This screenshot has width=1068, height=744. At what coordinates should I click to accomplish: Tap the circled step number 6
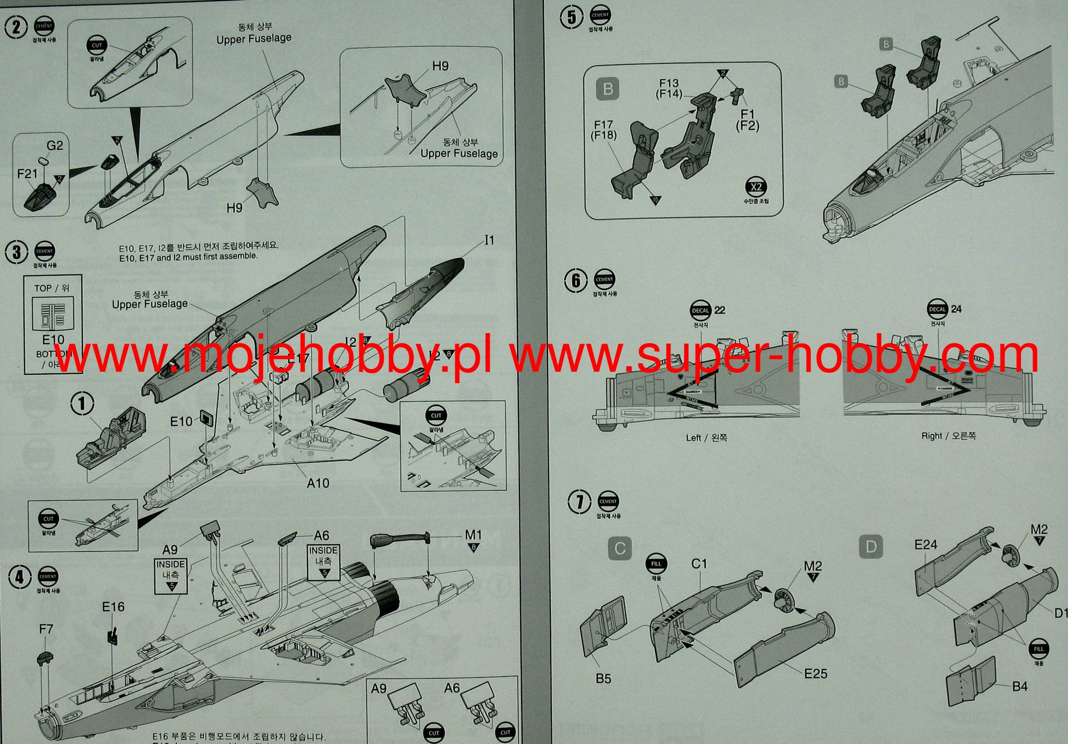point(576,281)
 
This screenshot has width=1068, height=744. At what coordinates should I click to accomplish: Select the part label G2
point(55,145)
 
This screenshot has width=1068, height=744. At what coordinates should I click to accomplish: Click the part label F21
point(28,173)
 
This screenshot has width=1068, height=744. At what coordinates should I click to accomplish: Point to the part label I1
point(489,240)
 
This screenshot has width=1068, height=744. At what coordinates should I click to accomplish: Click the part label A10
point(318,483)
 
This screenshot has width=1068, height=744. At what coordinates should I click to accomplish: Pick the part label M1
point(473,534)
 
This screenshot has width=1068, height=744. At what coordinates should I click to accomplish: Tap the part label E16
point(113,606)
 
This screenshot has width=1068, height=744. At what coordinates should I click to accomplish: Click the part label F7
point(46,629)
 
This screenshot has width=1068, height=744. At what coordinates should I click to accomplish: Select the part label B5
point(603,678)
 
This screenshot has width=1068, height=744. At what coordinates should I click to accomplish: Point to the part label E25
point(816,674)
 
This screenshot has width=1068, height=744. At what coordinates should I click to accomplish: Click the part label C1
point(699,564)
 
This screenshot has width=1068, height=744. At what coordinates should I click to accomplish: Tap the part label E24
point(926,544)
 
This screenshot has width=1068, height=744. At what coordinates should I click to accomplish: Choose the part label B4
point(1020,686)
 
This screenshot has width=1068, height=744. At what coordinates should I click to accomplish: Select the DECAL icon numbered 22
point(700,311)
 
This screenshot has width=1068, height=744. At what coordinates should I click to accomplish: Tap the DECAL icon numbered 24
point(937,310)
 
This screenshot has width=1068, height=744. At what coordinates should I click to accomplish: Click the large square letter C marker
point(620,548)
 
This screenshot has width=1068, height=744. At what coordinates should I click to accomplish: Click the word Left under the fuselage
point(693,437)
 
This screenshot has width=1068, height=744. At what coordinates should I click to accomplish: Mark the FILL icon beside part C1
point(656,564)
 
